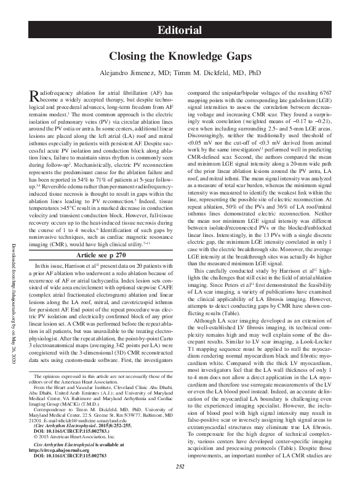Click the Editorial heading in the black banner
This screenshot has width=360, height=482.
(180, 30)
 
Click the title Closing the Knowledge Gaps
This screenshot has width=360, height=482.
(180, 56)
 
